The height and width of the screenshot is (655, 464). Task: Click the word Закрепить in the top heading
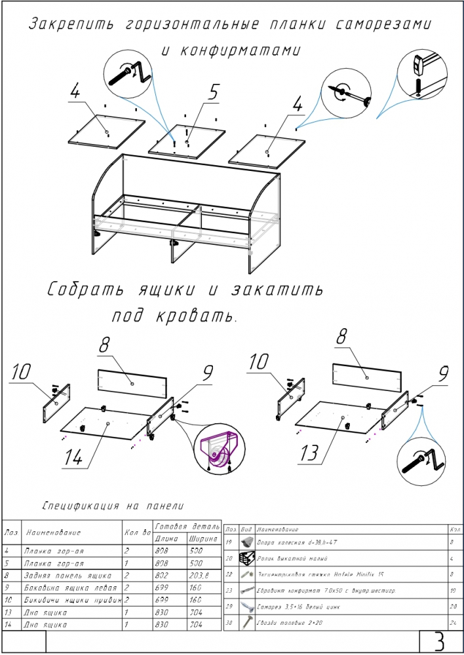click(x=66, y=25)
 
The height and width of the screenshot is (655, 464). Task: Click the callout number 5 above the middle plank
click(x=213, y=93)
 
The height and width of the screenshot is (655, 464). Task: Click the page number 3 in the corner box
click(x=438, y=642)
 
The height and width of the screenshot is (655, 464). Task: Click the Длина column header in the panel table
click(x=167, y=538)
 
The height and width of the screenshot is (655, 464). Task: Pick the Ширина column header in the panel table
click(x=203, y=538)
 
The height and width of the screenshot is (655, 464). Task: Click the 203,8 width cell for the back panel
click(x=199, y=574)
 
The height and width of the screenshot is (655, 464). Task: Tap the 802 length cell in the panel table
click(x=163, y=574)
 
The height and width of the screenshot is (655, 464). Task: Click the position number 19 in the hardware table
click(x=229, y=542)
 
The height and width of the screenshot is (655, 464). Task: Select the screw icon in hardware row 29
click(x=246, y=607)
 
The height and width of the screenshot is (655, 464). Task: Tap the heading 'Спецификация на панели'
click(x=112, y=506)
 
